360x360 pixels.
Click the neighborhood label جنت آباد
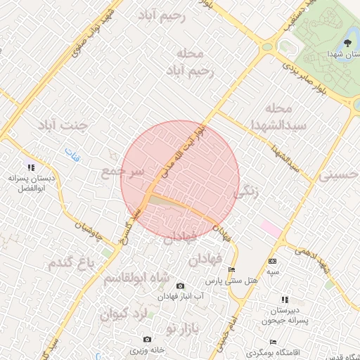click(64, 125)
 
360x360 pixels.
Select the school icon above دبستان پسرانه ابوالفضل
click(30, 167)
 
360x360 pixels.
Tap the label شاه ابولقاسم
click(136, 278)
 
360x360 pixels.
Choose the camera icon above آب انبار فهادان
click(180, 286)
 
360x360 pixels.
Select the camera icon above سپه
click(272, 261)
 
